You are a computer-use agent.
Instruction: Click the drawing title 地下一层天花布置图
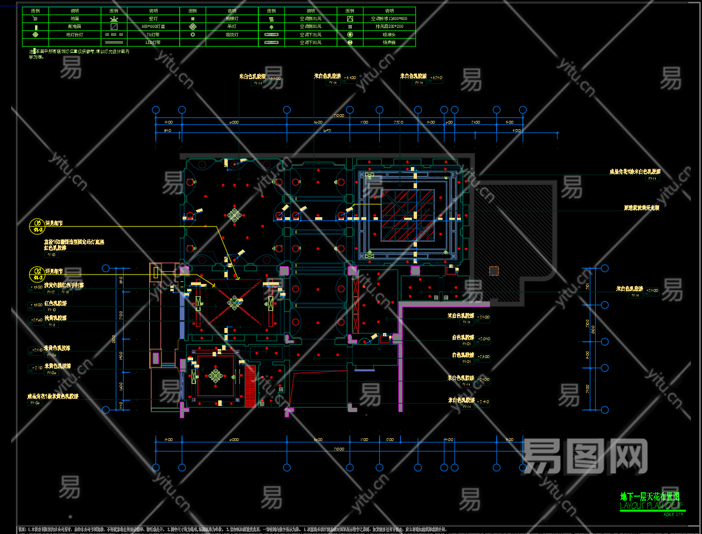(x=649, y=497)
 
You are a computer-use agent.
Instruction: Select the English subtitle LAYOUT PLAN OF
(x=650, y=506)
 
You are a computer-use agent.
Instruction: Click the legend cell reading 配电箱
(x=75, y=27)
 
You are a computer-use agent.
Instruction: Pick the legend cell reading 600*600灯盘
(x=153, y=27)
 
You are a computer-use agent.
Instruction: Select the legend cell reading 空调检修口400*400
(x=389, y=18)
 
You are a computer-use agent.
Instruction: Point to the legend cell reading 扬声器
(x=389, y=42)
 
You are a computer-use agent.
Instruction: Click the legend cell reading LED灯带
(x=153, y=42)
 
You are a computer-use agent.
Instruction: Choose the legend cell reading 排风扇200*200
(x=389, y=27)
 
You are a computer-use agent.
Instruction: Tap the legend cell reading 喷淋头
(x=389, y=35)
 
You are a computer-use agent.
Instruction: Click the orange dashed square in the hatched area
(x=494, y=271)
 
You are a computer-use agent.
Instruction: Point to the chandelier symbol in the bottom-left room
(x=215, y=376)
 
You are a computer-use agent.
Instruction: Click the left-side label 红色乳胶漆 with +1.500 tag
(x=55, y=303)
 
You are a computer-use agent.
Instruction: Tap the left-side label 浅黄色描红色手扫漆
(x=64, y=285)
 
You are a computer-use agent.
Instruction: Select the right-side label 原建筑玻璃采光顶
(x=641, y=208)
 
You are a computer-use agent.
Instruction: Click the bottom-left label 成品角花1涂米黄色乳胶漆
(x=53, y=396)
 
